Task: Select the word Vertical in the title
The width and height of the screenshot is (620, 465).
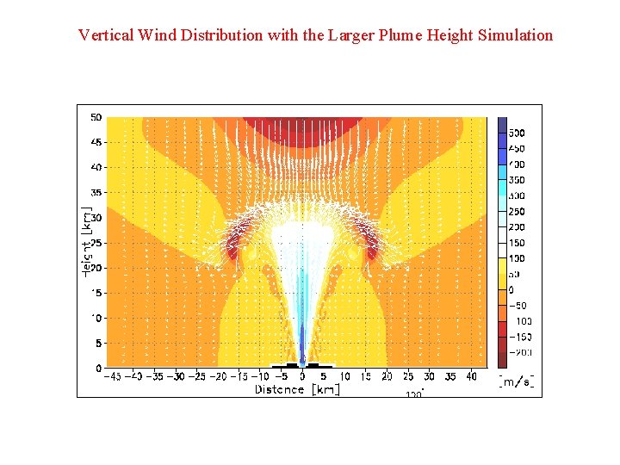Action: [x=105, y=35]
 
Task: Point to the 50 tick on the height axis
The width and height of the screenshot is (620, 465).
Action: [x=96, y=118]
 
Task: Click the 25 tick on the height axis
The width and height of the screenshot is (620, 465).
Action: [x=96, y=243]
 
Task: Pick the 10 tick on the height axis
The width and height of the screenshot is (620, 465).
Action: [x=96, y=318]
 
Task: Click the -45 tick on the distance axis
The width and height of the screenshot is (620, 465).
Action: [x=112, y=376]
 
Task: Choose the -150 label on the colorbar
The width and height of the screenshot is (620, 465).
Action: [x=522, y=337]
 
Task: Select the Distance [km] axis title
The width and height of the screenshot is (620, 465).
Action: [x=297, y=389]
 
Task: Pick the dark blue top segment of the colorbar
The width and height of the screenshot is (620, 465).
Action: [x=503, y=125]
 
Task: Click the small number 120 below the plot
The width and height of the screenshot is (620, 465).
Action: [x=414, y=394]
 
